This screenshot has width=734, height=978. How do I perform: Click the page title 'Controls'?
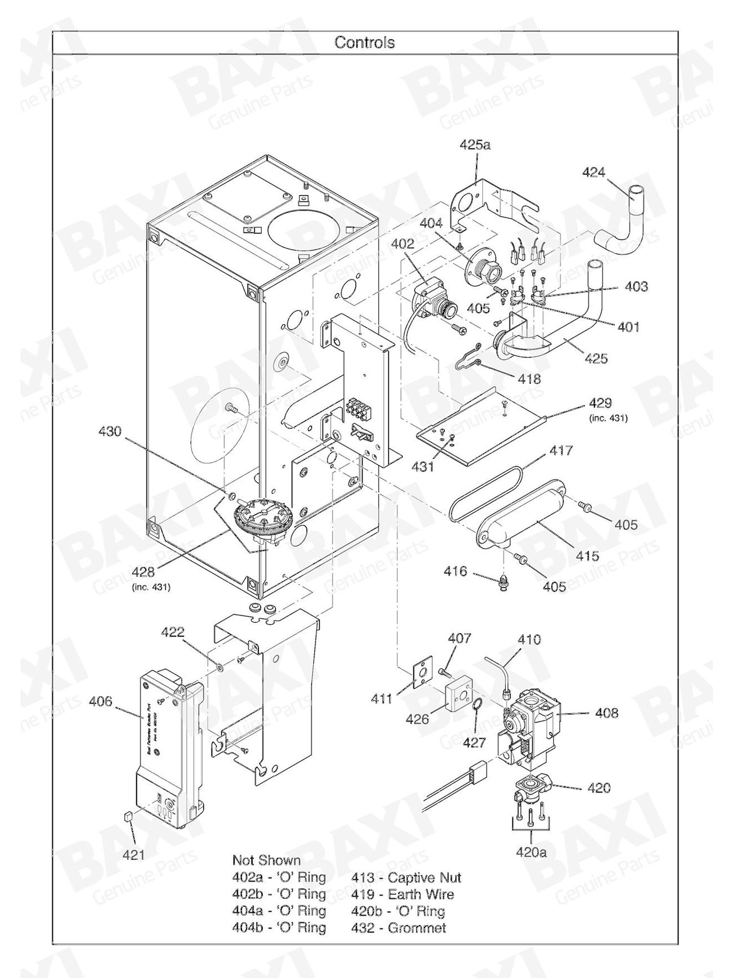click(x=365, y=43)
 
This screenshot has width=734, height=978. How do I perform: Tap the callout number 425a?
click(x=475, y=145)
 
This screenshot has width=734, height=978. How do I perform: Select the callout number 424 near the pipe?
click(x=594, y=172)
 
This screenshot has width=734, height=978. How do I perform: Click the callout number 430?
click(x=110, y=431)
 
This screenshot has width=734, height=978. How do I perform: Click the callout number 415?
click(x=587, y=556)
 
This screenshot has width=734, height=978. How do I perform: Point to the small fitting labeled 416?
click(x=504, y=583)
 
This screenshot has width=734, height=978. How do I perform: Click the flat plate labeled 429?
click(x=482, y=430)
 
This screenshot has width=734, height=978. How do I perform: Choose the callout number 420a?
click(x=531, y=852)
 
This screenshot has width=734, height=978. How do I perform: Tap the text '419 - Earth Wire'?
click(x=402, y=894)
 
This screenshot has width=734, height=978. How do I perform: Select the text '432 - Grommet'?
click(x=398, y=928)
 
